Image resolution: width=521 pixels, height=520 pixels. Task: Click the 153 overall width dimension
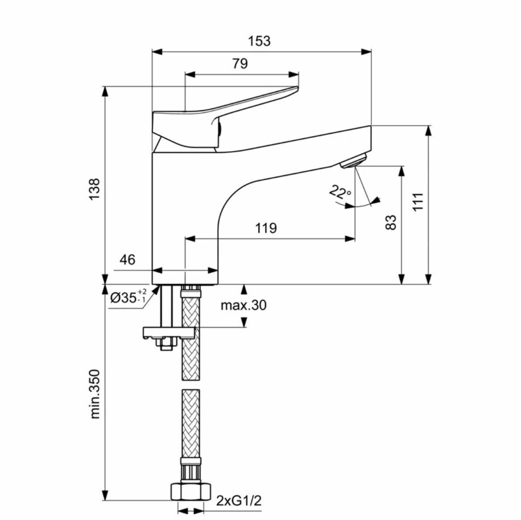point(259,41)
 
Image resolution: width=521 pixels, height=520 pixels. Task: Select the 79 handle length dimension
point(240,64)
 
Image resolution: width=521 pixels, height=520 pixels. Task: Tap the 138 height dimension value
point(94,189)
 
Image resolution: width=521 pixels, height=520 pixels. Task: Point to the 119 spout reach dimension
point(266,228)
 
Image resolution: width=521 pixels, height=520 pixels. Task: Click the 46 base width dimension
point(127,259)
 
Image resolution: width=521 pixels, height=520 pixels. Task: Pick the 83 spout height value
point(391,222)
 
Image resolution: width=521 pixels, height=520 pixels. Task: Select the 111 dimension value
point(417,202)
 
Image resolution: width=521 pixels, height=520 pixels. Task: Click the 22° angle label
point(340,192)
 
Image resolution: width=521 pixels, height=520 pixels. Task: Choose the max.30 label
point(244,305)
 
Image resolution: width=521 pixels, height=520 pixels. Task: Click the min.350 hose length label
point(95,393)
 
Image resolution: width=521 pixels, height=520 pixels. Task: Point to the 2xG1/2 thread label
point(239,500)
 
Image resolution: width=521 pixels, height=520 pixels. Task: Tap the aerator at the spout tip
point(353,160)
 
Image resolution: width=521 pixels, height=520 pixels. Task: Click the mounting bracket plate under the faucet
point(168,332)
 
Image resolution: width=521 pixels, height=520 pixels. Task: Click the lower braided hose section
point(191,423)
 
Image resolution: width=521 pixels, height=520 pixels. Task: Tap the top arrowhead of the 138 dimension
point(105,90)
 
